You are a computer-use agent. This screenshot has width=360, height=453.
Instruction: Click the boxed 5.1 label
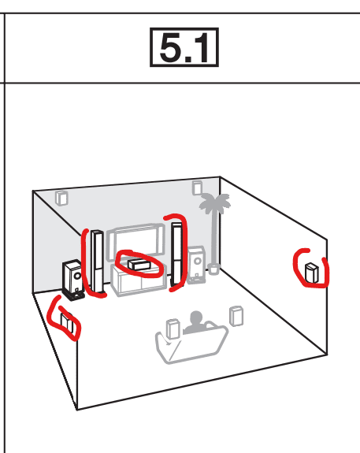tap(184, 47)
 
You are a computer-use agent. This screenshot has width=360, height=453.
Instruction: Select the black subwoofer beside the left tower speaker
tap(73, 280)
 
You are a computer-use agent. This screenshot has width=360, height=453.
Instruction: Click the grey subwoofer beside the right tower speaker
tap(197, 264)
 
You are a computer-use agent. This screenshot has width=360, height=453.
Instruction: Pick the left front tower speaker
tap(98, 262)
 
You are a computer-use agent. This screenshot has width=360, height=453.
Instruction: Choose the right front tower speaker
tap(177, 254)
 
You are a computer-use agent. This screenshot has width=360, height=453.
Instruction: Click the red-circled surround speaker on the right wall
tap(311, 273)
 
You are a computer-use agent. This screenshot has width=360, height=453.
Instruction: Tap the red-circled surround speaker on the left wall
tap(66, 321)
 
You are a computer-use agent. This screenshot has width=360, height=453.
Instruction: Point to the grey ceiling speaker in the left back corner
tap(61, 198)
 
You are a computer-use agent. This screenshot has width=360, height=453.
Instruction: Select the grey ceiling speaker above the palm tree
tap(197, 188)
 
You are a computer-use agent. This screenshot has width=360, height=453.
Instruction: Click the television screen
tap(135, 240)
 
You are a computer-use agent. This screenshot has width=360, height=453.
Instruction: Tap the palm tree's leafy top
tap(214, 202)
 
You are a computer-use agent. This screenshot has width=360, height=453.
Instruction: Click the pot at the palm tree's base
tap(213, 269)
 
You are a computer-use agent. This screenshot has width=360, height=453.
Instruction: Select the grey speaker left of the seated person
tap(173, 329)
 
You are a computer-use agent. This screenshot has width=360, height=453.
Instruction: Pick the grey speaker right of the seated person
tap(236, 316)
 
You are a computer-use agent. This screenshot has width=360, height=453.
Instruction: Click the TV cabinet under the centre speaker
tap(139, 280)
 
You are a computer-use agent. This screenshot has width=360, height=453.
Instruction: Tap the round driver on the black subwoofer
tap(77, 276)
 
